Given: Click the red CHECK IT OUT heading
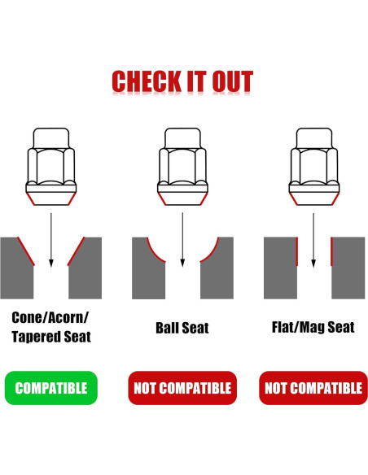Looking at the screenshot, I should pos(182,81).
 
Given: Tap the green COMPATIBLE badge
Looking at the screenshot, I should pos(50,388).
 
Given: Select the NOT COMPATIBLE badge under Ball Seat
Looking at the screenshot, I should pos(182,388).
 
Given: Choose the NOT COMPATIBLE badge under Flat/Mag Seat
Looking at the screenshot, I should pos(313,388).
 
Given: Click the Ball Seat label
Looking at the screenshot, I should pos(182,328).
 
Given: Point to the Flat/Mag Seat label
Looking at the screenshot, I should pos(313,327).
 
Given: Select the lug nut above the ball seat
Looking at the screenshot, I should pos(182,166).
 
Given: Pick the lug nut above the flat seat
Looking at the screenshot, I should pos(313,166).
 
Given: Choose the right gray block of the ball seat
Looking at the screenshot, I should pos(219,272).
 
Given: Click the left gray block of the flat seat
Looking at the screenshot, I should pos(279,268).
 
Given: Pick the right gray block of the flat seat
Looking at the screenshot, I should pos(348,268).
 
